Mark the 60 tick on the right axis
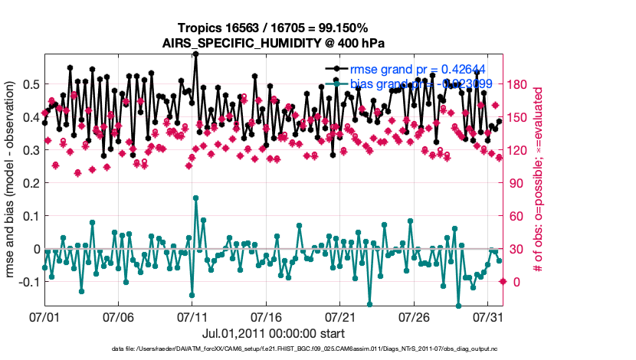[517, 216]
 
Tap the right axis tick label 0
[515, 282]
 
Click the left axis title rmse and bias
[11, 181]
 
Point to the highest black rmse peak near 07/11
[196, 55]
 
